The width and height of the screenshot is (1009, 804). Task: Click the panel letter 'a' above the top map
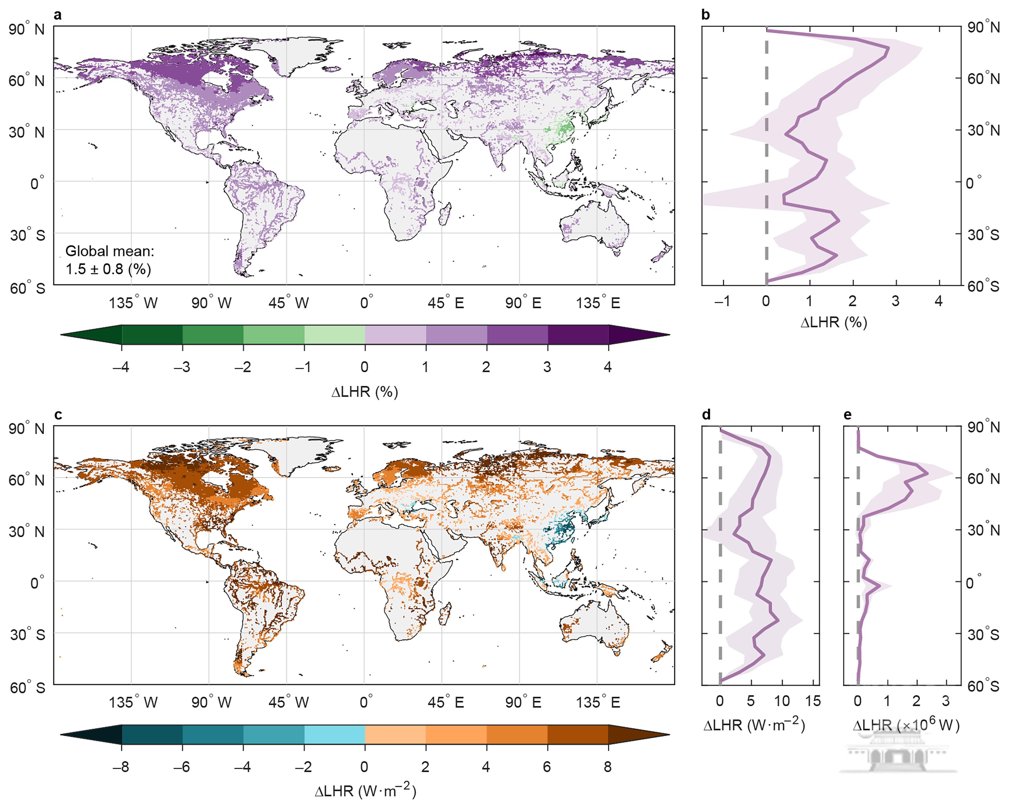[x=58, y=15]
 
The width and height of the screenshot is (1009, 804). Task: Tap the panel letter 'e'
[x=848, y=415]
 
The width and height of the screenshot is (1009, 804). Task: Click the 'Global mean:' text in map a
[x=110, y=251]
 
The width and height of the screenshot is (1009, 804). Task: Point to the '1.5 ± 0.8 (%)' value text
[x=108, y=269]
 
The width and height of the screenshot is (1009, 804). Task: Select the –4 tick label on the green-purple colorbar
[x=121, y=367]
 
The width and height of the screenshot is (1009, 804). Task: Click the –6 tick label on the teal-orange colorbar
[x=182, y=767]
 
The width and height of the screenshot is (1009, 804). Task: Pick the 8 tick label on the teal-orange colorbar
[x=607, y=767]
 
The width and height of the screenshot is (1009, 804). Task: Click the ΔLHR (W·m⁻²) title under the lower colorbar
[x=365, y=791]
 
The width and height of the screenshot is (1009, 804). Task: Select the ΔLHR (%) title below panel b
[x=834, y=322]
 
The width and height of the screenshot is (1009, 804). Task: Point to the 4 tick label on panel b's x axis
[x=938, y=301]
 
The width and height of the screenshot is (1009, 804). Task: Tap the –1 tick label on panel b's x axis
[x=722, y=301]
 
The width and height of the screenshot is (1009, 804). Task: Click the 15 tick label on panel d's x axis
[x=813, y=701]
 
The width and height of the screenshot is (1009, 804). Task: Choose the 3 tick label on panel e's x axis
[x=945, y=701]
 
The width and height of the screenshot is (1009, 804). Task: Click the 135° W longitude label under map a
[x=133, y=303]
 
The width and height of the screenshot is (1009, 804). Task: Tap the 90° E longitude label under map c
[x=523, y=702]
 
